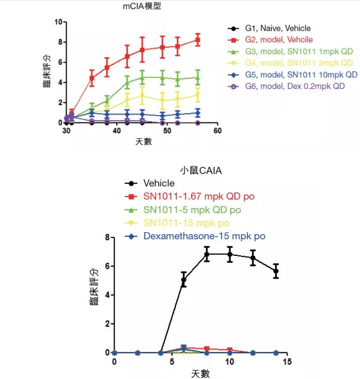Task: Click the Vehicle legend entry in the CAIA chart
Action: (159, 183)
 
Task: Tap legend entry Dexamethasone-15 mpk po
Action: (204, 236)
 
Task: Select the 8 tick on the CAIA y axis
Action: (107, 237)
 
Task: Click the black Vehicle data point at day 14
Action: (276, 271)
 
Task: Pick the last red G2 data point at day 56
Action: (198, 40)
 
